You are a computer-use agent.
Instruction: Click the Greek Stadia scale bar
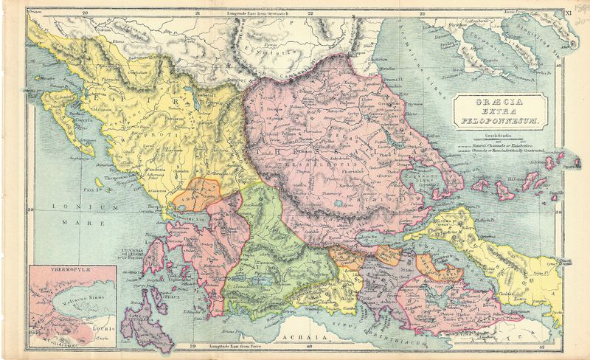coord(499,139)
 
